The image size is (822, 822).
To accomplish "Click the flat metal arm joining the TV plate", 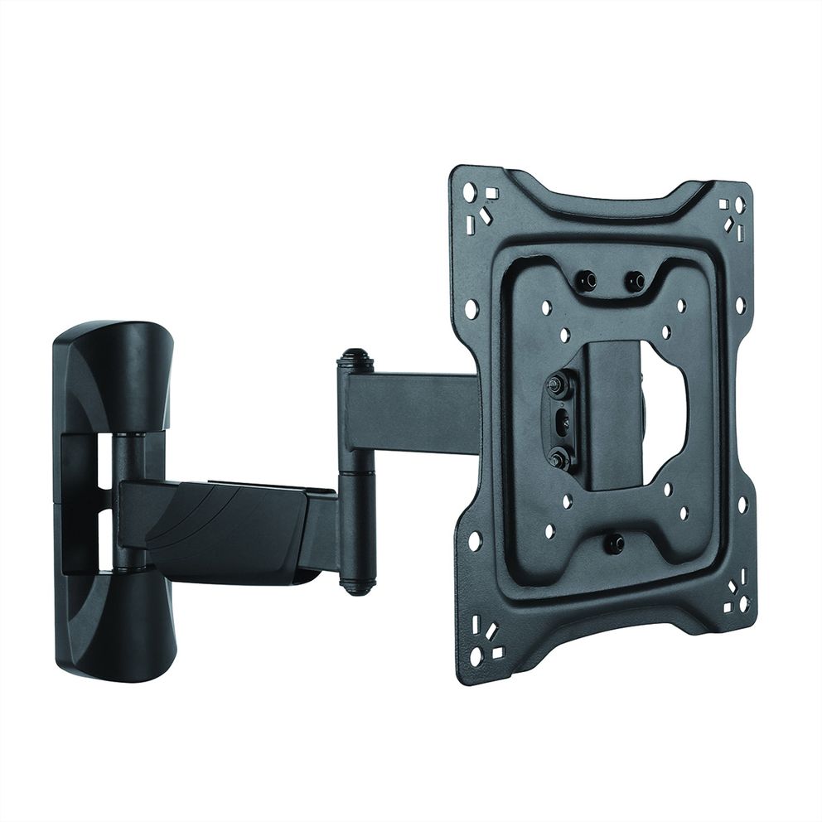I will tap(414, 406).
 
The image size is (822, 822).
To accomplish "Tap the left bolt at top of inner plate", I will tap(587, 282).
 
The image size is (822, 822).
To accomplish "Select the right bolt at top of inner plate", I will tap(636, 282).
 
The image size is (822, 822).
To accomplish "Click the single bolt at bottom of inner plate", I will tap(614, 544).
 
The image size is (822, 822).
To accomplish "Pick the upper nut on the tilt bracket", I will tap(557, 384).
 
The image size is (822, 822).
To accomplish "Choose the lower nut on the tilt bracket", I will tap(558, 457).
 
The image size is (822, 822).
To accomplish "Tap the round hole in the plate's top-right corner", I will tap(739, 204).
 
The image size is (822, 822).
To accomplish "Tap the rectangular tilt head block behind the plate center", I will tap(615, 414).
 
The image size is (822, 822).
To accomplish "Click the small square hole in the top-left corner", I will tap(491, 192).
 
